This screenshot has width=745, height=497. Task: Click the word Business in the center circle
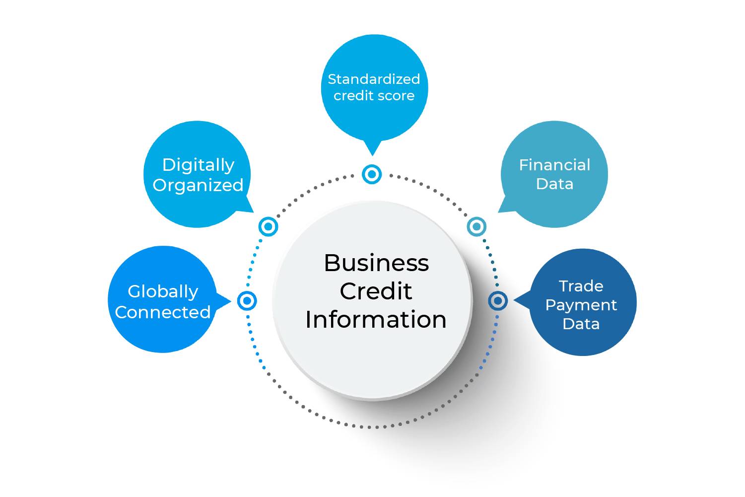tap(376, 263)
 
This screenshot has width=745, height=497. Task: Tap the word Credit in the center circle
tap(376, 291)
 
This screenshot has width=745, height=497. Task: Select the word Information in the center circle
tap(376, 320)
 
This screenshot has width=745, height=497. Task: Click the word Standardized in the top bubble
tap(374, 79)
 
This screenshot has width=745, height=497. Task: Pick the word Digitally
tap(198, 165)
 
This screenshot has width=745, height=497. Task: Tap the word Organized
tap(198, 185)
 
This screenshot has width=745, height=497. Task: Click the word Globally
tap(163, 291)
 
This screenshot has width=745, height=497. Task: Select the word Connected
tap(163, 312)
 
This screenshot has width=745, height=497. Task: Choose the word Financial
tap(554, 165)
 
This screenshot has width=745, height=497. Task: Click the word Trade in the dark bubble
tap(581, 286)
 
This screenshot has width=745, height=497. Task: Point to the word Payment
tap(581, 305)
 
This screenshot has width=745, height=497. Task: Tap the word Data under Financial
tap(554, 184)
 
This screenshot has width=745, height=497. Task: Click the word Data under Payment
tap(581, 324)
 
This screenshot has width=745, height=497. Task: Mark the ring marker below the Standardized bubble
tap(372, 174)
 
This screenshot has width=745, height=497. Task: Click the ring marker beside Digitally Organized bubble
tap(269, 226)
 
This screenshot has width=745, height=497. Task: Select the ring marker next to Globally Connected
tap(247, 300)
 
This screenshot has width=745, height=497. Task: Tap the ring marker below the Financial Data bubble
tap(476, 226)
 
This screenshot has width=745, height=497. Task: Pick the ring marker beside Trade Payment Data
tap(497, 300)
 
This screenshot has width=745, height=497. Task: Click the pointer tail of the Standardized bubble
tap(372, 148)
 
